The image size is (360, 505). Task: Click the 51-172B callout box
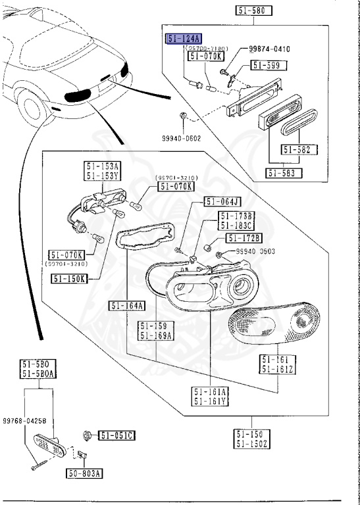pos(244,237)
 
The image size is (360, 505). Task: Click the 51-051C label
pos(117,435)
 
